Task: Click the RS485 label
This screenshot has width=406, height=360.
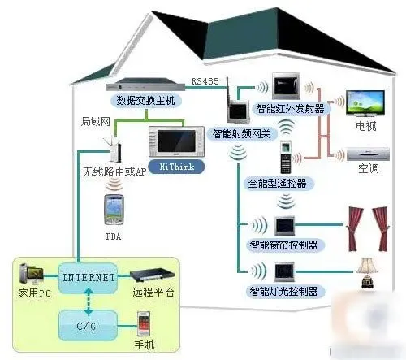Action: coord(205,81)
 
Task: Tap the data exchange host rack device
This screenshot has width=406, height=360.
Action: coord(145,85)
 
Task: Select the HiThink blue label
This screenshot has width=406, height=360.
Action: coord(177,167)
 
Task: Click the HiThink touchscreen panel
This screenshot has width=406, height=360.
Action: coord(176,141)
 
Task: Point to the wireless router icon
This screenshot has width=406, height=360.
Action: coord(114,150)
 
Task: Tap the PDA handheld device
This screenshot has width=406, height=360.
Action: coord(114,210)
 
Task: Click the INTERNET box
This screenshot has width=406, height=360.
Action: coord(89,278)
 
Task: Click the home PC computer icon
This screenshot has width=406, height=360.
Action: coord(31,274)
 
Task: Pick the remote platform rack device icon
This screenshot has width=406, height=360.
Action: coord(152,275)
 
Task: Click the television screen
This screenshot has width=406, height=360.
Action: coord(365,103)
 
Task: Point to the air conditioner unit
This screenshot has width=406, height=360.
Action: coord(368,154)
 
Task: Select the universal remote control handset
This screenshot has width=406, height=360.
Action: coord(286,157)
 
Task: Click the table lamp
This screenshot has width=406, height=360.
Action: coord(367,274)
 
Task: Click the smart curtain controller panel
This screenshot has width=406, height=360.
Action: coord(285,226)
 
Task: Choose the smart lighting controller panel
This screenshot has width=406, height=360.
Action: coord(285,271)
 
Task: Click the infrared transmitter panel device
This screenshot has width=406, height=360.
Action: coord(286,85)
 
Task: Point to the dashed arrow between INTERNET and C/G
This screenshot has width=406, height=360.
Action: coord(89,301)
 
